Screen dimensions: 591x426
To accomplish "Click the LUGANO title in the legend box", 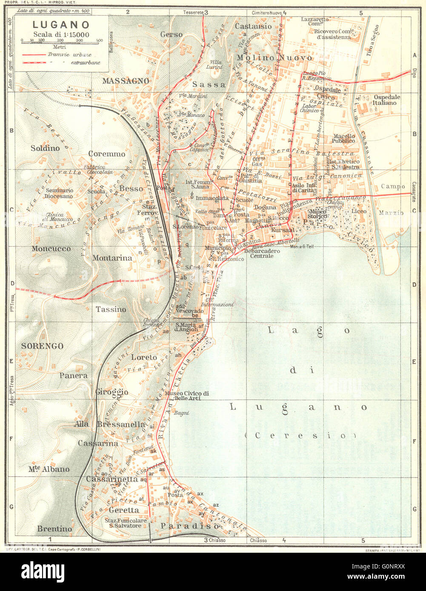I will tap(61, 25).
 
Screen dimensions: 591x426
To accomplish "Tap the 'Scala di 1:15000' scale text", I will tap(61, 34).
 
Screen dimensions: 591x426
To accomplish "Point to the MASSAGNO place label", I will tap(126, 80).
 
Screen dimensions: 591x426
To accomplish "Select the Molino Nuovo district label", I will tap(274, 57).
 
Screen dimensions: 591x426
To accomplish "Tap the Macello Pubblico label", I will tap(343, 138).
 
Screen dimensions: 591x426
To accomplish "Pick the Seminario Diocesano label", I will tap(60, 193).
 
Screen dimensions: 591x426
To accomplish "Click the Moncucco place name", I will tap(51, 248).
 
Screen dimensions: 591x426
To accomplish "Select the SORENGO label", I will tap(42, 346).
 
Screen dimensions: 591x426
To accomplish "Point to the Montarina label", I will tap(112, 258).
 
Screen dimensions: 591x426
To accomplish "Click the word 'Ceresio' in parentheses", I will tap(300, 435).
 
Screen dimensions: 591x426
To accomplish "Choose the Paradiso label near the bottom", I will tap(190, 526).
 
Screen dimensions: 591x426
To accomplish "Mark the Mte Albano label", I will tap(49, 469).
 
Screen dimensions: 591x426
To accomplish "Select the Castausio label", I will tap(253, 26).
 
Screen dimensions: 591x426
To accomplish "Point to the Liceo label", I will tap(358, 211).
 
